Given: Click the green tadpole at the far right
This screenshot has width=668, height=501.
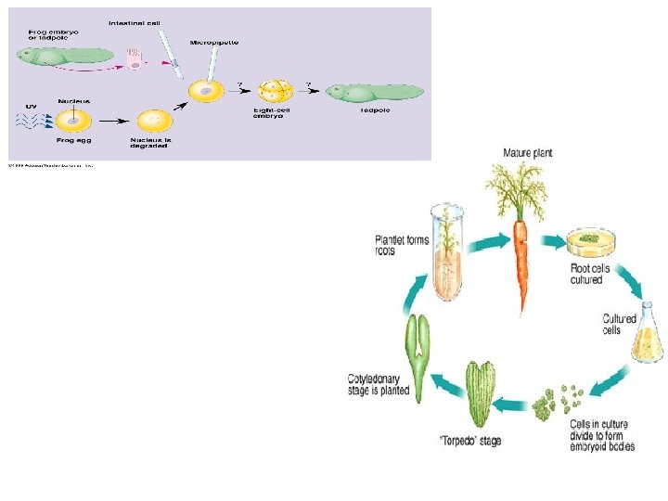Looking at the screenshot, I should pyautogui.click(x=375, y=92).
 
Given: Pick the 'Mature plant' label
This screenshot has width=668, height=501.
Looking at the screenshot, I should pyautogui.click(x=528, y=152).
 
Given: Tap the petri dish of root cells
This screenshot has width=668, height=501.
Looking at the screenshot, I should pyautogui.click(x=592, y=242).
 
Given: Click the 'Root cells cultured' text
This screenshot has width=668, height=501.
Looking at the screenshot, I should pyautogui.click(x=590, y=275).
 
